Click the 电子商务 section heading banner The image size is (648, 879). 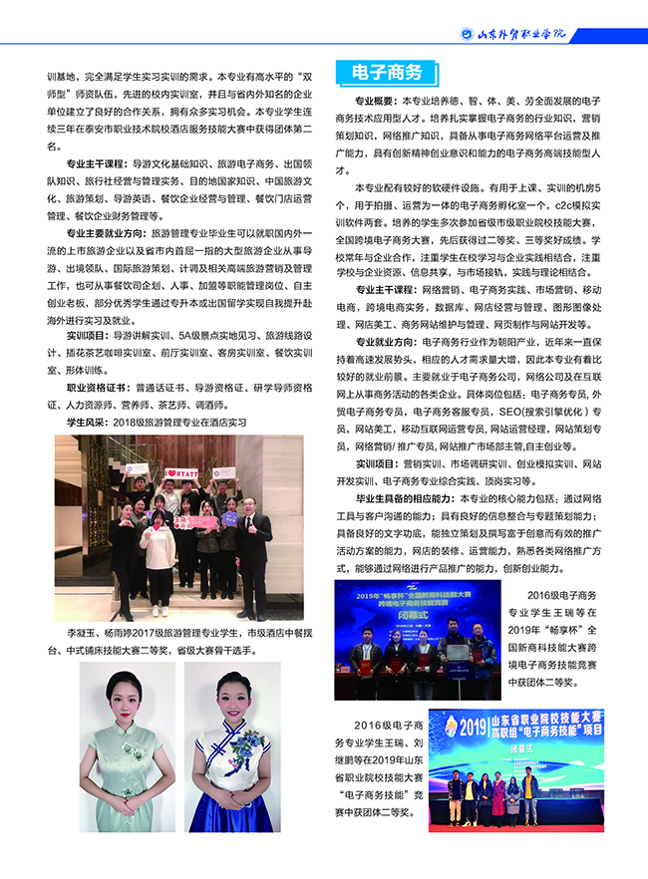(x=387, y=73)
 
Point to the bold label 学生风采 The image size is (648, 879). (x=88, y=423)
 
